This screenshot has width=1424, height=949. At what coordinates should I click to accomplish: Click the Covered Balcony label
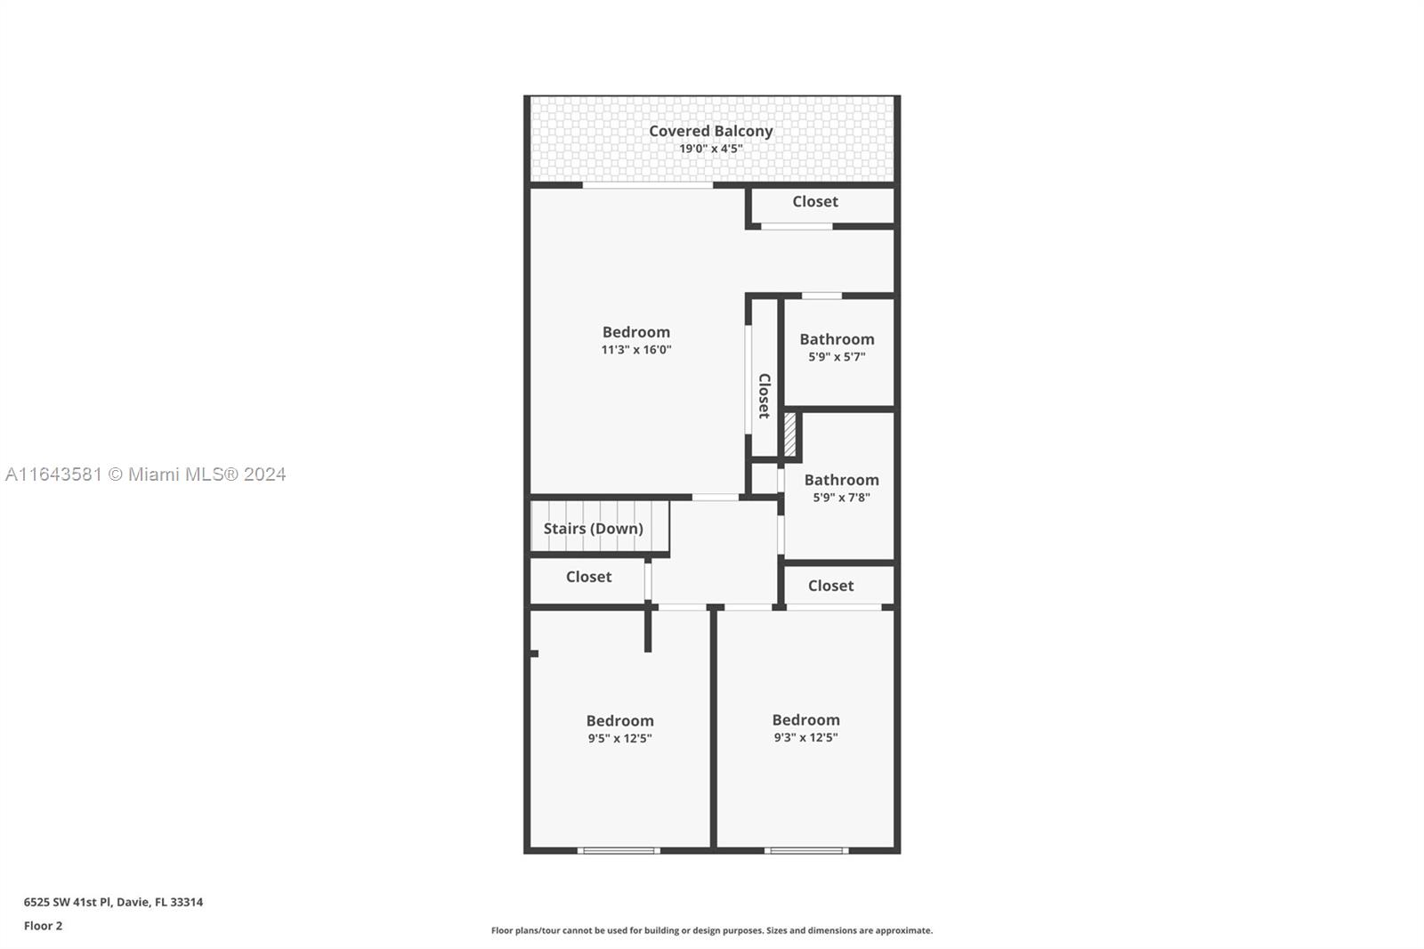tap(711, 131)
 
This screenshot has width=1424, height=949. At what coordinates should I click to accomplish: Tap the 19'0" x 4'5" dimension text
tap(711, 149)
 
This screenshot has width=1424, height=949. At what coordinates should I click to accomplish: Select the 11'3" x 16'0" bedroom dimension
tap(636, 350)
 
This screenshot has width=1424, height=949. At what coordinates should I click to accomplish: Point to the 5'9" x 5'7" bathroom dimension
tap(837, 357)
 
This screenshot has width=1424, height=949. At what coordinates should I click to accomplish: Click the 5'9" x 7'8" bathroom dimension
tap(841, 498)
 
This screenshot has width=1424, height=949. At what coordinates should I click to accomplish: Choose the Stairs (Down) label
tap(593, 529)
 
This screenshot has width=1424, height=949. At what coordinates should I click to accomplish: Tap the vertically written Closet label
tap(765, 395)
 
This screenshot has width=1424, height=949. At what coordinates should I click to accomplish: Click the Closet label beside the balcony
tap(815, 201)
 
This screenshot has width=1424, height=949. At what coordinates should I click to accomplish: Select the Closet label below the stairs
tap(588, 577)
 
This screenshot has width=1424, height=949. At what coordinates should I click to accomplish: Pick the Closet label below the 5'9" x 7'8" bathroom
tap(831, 586)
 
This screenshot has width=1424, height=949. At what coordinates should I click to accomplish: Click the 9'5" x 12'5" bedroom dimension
tap(619, 739)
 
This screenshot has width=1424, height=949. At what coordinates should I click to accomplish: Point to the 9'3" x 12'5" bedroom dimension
tap(805, 738)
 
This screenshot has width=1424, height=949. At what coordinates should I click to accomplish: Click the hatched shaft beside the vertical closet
tap(789, 434)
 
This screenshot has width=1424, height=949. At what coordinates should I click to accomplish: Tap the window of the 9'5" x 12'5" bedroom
tap(619, 850)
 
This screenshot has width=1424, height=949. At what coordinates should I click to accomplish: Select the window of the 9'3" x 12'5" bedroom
tap(806, 850)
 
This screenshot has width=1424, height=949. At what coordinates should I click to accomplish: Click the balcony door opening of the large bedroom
tap(648, 185)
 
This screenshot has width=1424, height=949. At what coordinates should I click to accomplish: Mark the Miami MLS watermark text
tap(146, 474)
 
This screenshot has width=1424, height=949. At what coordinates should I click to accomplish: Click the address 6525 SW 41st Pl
tap(68, 902)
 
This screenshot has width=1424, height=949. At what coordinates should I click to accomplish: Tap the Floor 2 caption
tap(44, 926)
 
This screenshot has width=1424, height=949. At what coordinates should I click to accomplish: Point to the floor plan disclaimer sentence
tap(712, 930)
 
